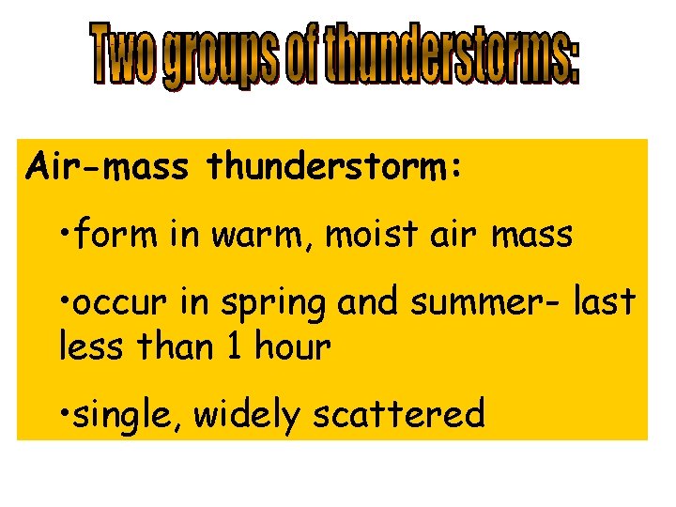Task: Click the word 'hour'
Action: (x=292, y=347)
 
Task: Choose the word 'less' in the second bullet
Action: (x=92, y=347)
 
